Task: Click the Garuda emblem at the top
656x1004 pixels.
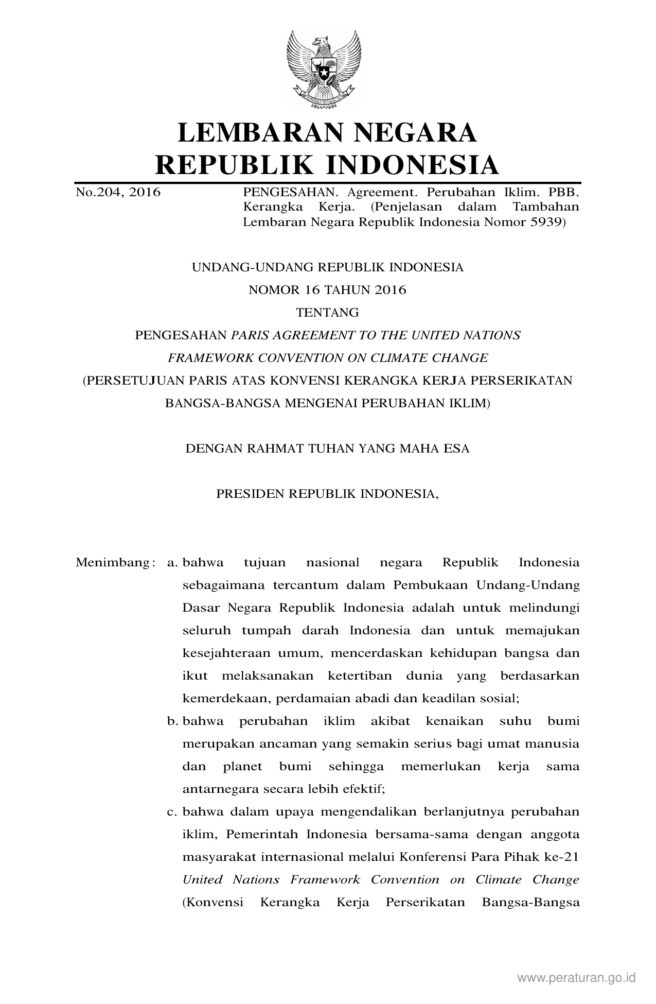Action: [x=324, y=68]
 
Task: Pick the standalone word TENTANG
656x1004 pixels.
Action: [x=327, y=313]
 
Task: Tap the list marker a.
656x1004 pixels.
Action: [x=172, y=562]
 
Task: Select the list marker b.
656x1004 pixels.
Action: [x=172, y=721]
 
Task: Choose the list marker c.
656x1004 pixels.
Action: [x=172, y=812]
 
